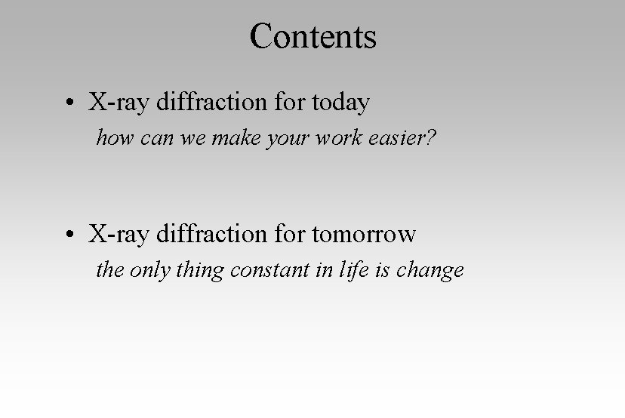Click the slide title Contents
(x=312, y=36)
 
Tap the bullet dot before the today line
(x=69, y=103)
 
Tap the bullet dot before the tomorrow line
(x=69, y=236)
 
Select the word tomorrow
(x=363, y=235)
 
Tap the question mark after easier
(x=431, y=137)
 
